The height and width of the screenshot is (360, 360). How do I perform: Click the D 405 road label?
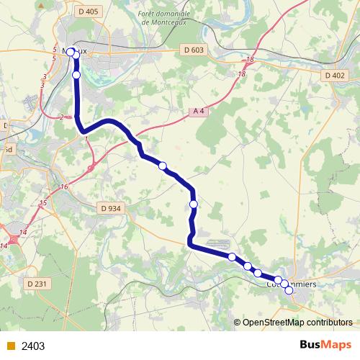click(87, 12)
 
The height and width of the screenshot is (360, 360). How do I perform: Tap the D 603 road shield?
click(193, 50)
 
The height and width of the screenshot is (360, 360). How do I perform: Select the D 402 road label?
click(336, 75)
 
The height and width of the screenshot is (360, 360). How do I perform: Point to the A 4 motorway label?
click(200, 111)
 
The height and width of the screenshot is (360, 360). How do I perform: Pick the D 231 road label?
click(40, 284)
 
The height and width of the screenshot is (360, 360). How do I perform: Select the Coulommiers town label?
click(291, 284)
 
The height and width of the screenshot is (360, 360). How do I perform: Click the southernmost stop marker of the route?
click(289, 291)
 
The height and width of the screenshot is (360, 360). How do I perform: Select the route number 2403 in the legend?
click(33, 346)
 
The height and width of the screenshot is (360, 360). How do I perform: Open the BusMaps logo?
click(325, 345)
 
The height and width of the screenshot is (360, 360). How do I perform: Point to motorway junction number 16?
click(64, 187)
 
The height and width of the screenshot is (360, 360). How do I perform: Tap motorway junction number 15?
click(42, 203)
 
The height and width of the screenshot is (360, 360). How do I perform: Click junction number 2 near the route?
click(63, 117)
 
